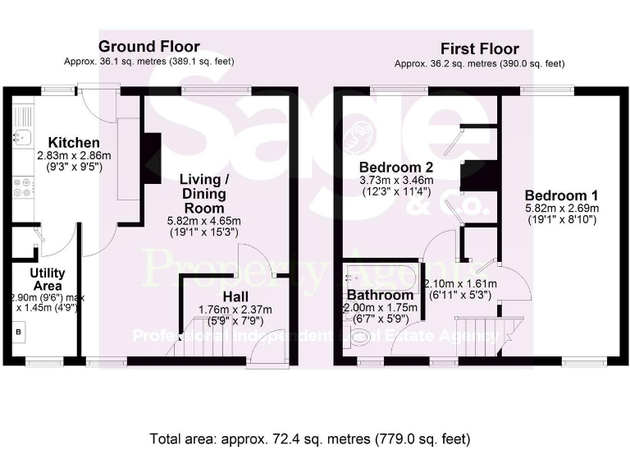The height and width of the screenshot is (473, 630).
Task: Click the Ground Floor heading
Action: [148, 46]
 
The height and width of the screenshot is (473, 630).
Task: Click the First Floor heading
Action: [480, 48]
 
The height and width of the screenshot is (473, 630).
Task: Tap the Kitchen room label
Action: [74, 143]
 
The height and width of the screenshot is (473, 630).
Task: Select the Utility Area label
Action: [48, 278]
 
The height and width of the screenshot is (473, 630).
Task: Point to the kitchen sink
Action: [24, 136]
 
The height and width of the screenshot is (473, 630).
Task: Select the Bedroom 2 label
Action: [397, 167]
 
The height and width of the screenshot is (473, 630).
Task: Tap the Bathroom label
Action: [379, 295]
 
